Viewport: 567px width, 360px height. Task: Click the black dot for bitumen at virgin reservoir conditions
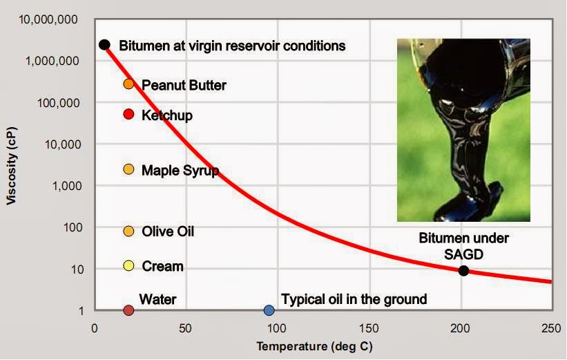coord(104,45)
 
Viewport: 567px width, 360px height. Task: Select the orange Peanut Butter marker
coord(128,84)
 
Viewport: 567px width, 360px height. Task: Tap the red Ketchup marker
coord(128,114)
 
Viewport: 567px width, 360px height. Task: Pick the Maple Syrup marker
coord(128,169)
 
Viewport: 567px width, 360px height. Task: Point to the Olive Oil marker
coord(128,231)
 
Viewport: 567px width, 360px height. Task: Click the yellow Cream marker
coord(128,265)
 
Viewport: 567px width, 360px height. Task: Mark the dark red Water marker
coord(128,310)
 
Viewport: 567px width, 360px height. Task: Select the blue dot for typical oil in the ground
coord(269,310)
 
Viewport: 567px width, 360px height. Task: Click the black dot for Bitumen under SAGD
coord(464,271)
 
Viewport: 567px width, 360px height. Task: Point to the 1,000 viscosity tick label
coord(70,186)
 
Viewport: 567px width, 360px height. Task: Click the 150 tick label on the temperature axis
coord(369,328)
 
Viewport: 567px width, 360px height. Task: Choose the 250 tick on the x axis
coord(552,328)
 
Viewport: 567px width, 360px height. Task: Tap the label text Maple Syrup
coord(180,170)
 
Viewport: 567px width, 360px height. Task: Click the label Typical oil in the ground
coord(354,299)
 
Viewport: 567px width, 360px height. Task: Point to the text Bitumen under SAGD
coord(463,246)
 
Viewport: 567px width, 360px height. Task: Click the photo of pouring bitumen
coord(463,130)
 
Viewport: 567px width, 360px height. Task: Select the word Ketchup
coord(167,115)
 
